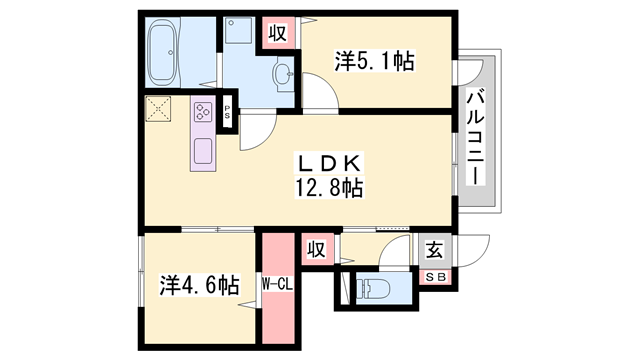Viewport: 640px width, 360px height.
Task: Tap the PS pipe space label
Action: click(x=228, y=113)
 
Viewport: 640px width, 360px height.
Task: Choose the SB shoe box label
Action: click(x=436, y=277)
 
